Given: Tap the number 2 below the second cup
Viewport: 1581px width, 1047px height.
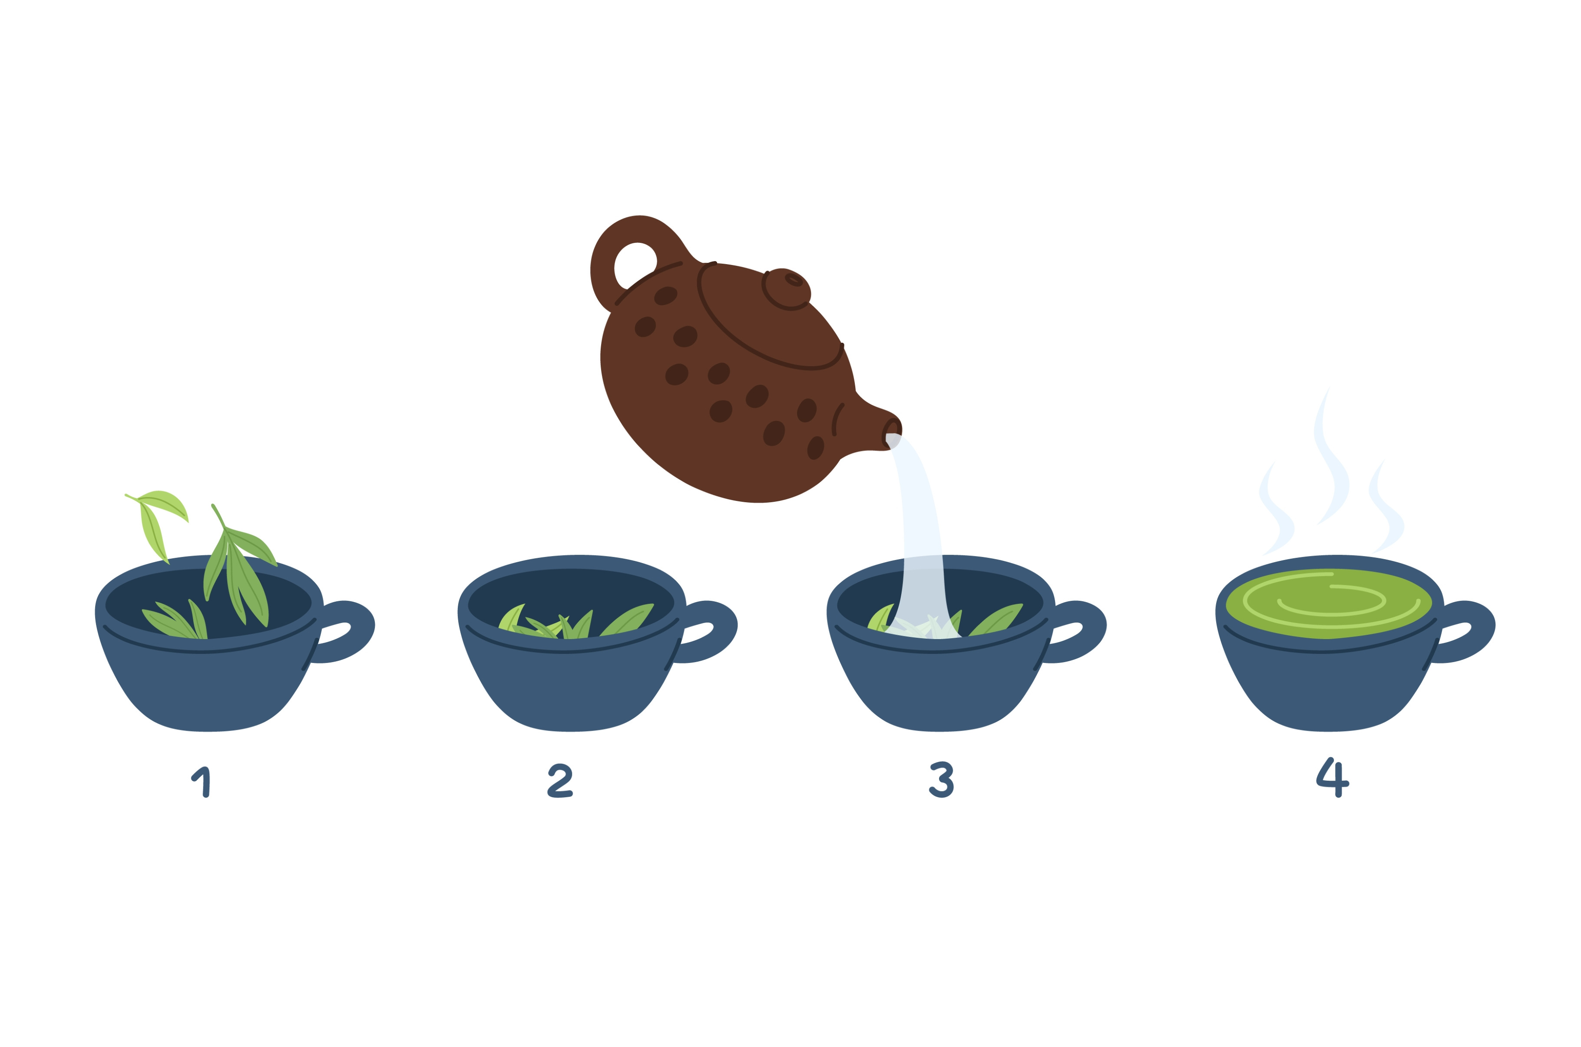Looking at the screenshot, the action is (x=560, y=781).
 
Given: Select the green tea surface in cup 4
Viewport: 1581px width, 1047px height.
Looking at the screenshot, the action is (x=1329, y=603).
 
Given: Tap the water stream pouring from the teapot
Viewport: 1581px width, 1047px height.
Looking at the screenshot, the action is (x=921, y=534).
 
